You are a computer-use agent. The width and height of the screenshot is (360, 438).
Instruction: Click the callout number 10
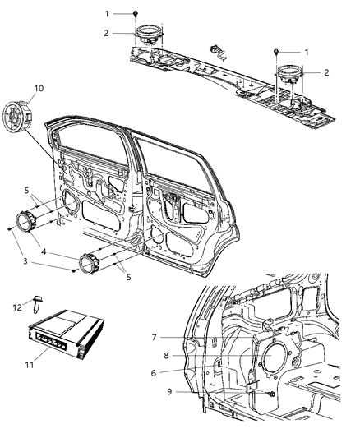pyautogui.click(x=38, y=87)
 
